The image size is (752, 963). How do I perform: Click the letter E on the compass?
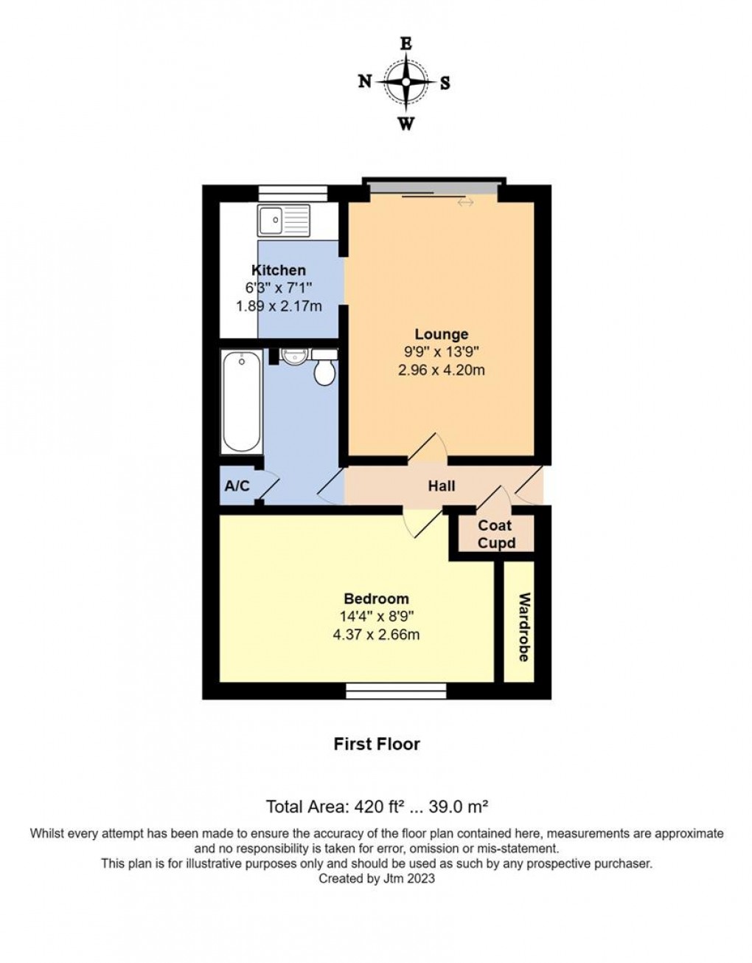coord(405,44)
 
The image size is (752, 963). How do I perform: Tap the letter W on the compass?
coord(405,123)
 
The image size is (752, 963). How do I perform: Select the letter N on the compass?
coord(365,82)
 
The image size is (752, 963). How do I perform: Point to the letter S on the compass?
coord(445,83)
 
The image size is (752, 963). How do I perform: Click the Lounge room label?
coord(441,334)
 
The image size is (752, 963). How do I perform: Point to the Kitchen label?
coord(279,270)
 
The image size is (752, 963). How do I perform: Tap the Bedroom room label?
coord(376,598)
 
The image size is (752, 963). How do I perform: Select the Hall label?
coord(442,486)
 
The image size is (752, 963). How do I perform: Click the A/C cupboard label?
coord(237,486)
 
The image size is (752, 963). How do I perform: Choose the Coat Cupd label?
coord(495,534)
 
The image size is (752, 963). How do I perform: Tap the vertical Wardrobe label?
coord(524,627)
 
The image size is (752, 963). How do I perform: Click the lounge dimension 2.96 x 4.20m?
coord(441,370)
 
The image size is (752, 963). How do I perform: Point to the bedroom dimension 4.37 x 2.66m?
coord(376,634)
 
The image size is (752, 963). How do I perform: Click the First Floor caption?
coord(377,744)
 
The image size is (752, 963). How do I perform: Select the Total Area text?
coord(377,805)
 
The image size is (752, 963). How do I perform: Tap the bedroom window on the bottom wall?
coord(396,691)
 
